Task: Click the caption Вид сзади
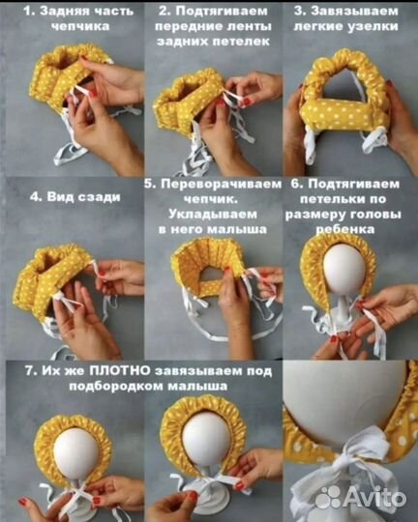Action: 61,196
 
